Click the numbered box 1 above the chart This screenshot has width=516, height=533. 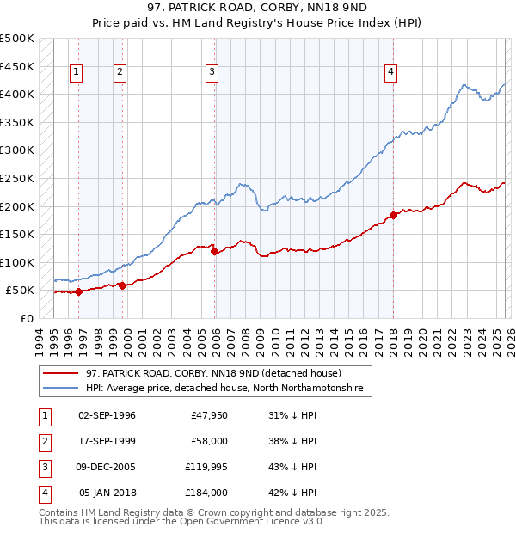(x=77, y=73)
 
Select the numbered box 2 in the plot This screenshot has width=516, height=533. (x=120, y=73)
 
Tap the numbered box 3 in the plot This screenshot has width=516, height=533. (x=211, y=73)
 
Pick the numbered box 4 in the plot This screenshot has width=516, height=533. (x=390, y=73)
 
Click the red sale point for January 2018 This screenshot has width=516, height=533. (x=393, y=215)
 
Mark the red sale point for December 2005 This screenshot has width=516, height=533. (x=214, y=251)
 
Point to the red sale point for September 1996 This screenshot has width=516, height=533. (x=78, y=291)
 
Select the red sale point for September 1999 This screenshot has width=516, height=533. (x=122, y=285)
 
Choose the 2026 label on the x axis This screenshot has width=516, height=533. (x=509, y=340)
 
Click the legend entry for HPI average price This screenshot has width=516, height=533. (x=224, y=389)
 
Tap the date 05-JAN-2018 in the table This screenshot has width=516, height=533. (x=107, y=493)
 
